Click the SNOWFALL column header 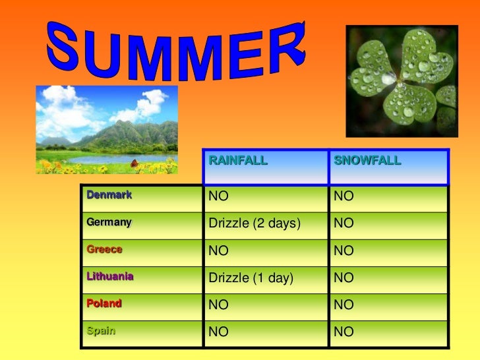tap(367, 160)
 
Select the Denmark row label tap(109, 195)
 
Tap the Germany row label tap(109, 222)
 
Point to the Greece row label tap(105, 250)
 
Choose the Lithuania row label tap(110, 277)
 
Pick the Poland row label tap(104, 304)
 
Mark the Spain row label tap(101, 331)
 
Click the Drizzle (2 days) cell tap(255, 224)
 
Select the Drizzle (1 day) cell tap(250, 278)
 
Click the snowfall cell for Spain tap(344, 332)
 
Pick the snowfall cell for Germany tap(344, 224)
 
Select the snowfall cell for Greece tap(344, 251)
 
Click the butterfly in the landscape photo tap(135, 162)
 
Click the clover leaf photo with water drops tap(402, 81)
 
